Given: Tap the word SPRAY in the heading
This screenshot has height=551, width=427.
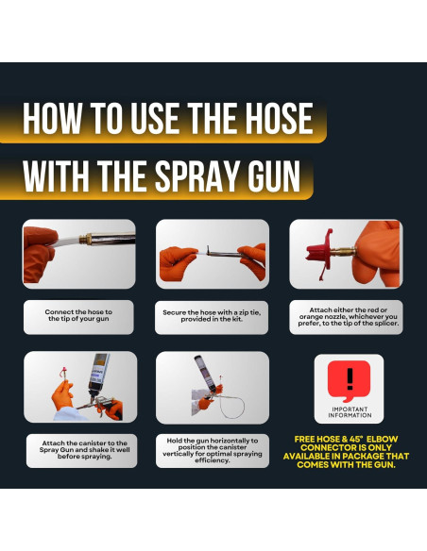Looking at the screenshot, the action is click(198, 176).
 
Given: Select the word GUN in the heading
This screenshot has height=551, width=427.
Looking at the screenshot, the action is click(274, 176).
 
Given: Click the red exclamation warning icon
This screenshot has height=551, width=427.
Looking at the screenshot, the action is click(349, 381).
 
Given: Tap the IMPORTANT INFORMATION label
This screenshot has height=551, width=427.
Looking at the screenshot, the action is click(350, 412).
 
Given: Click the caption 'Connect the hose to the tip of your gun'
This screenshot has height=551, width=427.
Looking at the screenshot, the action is click(78, 315).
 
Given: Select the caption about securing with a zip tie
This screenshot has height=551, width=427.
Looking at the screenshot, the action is click(212, 315).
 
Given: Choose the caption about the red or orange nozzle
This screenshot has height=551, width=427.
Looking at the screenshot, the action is click(348, 317).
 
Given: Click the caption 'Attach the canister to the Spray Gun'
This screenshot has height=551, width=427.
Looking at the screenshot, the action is click(84, 450).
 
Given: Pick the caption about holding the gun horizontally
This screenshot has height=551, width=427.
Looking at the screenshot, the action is click(213, 450).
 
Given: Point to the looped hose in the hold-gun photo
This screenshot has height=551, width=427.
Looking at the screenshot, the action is click(232, 406).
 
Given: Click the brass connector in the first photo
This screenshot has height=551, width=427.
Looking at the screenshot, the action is click(85, 239).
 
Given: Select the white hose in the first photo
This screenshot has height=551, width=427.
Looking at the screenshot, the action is click(65, 242).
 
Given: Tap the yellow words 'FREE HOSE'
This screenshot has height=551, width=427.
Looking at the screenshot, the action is click(317, 440).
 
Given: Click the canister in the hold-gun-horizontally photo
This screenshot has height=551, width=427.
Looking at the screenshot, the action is click(205, 373).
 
